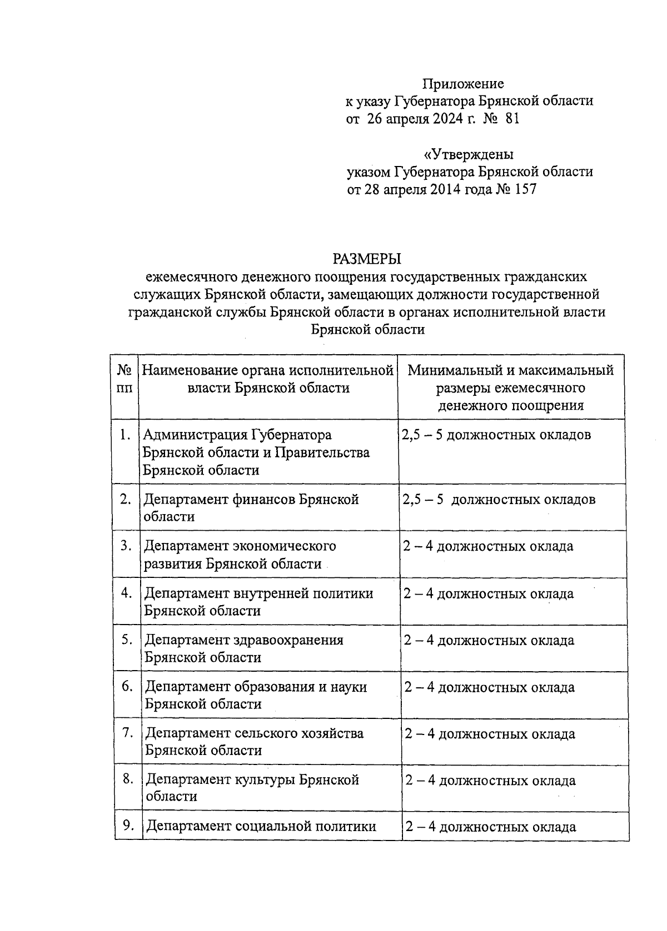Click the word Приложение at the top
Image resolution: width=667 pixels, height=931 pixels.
click(463, 84)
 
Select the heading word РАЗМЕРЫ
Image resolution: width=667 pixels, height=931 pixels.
click(367, 259)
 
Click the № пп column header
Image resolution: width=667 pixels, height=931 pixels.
click(125, 379)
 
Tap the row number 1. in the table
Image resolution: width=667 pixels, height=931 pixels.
click(125, 435)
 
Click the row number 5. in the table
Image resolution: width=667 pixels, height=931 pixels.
click(127, 640)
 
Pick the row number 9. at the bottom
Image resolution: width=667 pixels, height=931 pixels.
click(128, 826)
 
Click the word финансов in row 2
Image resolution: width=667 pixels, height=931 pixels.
click(264, 500)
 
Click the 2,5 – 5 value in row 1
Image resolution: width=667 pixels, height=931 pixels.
click(422, 435)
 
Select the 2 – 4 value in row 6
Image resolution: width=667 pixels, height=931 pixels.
click(420, 688)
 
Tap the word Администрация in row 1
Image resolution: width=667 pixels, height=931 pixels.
click(197, 435)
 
